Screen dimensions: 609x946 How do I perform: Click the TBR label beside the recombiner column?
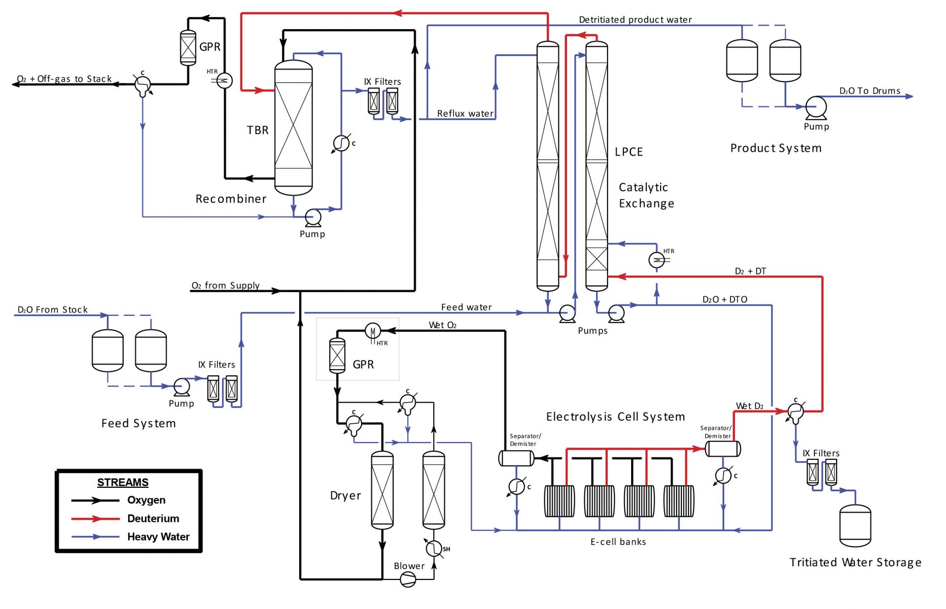(258, 130)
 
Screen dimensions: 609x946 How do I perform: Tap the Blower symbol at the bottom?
(408, 579)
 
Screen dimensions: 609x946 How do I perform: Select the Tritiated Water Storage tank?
(855, 526)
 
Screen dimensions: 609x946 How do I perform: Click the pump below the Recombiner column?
(313, 217)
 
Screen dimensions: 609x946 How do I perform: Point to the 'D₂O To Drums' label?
(870, 91)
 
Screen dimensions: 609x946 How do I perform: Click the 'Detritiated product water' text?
(635, 20)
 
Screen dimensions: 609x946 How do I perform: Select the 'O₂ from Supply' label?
(225, 285)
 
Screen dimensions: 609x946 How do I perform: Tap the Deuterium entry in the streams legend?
(153, 518)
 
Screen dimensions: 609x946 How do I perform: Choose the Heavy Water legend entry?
(158, 537)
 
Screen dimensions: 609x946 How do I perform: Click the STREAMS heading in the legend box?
(123, 482)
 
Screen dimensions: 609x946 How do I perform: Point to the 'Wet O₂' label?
(442, 325)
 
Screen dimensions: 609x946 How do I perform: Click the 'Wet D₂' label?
(749, 406)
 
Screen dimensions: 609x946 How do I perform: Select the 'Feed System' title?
(138, 423)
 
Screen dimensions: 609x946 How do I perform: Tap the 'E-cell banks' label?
(618, 541)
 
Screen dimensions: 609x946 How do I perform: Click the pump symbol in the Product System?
(816, 106)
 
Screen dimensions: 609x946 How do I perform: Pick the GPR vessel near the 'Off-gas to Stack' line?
(188, 48)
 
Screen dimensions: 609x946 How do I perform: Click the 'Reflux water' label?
(465, 113)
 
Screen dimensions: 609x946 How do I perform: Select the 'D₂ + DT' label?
(750, 271)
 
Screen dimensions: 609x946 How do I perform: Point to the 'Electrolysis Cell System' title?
(615, 417)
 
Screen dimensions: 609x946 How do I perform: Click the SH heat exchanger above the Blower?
(434, 548)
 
